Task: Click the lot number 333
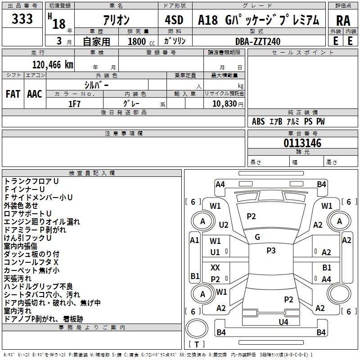pyautogui.click(x=22, y=19)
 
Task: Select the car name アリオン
pyautogui.click(x=116, y=20)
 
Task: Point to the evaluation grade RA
pyautogui.click(x=342, y=20)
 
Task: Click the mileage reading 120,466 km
pyautogui.click(x=53, y=65)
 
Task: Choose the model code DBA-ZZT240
pyautogui.click(x=257, y=41)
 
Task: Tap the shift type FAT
pyautogui.click(x=13, y=94)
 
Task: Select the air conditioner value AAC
pyautogui.click(x=35, y=94)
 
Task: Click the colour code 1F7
pyautogui.click(x=74, y=103)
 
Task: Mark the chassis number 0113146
pyautogui.click(x=302, y=144)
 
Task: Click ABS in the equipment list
pyautogui.click(x=258, y=121)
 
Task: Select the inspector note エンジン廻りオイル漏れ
pyautogui.click(x=42, y=221)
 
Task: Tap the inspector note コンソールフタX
pyautogui.click(x=31, y=262)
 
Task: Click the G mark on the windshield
pyautogui.click(x=257, y=237)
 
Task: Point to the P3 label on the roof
pyautogui.click(x=271, y=251)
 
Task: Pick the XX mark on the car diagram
pyautogui.click(x=216, y=268)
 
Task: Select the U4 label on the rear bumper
pyautogui.click(x=283, y=322)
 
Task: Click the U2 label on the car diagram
pyautogui.click(x=224, y=224)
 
